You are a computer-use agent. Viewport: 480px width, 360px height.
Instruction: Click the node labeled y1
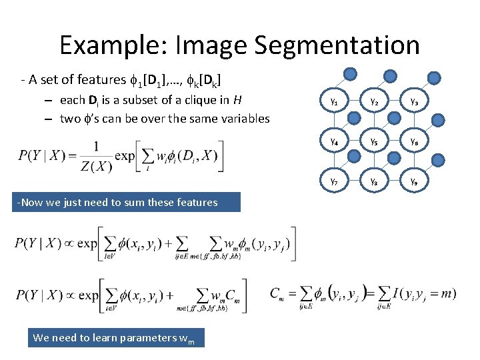pos(333,102)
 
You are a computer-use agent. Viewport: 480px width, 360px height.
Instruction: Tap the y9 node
pos(414,181)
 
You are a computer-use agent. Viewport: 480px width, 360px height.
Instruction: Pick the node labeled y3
pos(414,102)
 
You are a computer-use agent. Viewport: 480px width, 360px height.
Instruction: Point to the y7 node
pos(333,181)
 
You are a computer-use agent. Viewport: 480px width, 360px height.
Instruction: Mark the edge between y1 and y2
pos(353,102)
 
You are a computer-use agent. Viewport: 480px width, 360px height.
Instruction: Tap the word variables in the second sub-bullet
pos(243,119)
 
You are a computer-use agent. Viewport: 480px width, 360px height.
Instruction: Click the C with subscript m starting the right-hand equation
pos(279,294)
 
